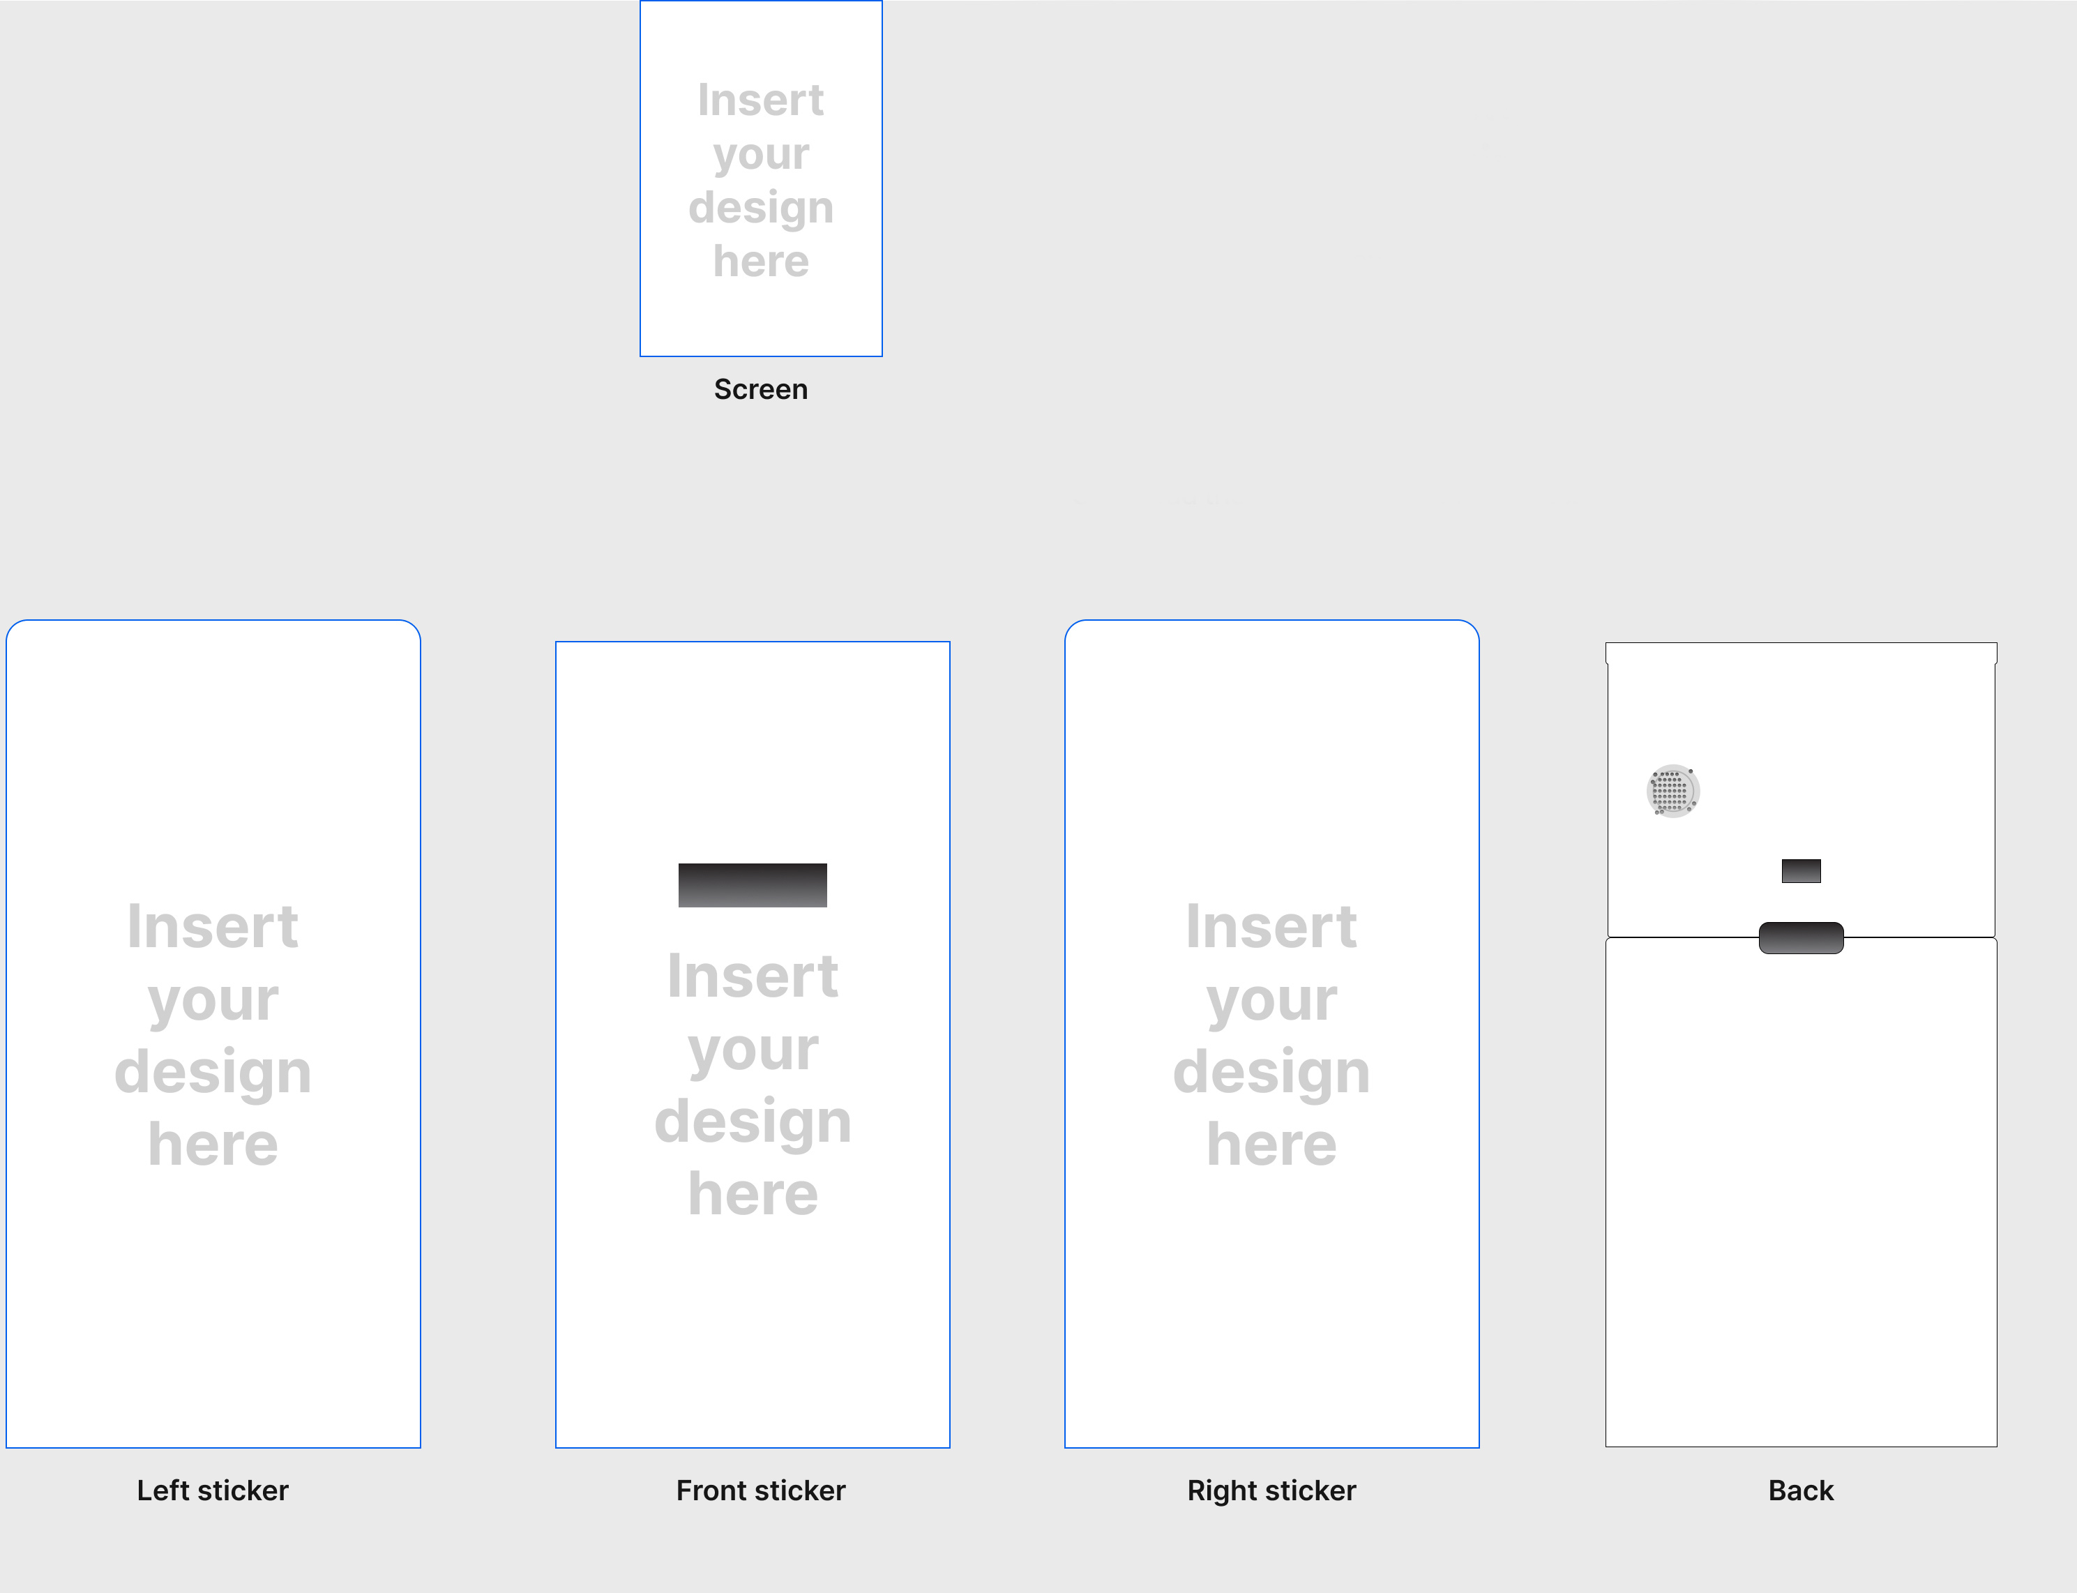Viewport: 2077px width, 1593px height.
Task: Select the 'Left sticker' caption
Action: [212, 1490]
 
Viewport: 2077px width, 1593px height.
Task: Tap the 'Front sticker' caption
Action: [760, 1490]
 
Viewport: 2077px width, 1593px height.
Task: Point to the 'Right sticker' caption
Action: [1271, 1490]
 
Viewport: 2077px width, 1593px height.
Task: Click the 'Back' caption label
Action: [1800, 1490]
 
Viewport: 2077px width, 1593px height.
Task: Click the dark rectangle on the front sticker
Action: [753, 884]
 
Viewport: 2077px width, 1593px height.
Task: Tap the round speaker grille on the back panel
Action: [1672, 791]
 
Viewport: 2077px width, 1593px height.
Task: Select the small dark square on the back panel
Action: [1801, 870]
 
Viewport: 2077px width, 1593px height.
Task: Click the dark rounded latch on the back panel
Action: [1801, 938]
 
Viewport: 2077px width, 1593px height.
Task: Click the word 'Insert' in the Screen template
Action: [760, 100]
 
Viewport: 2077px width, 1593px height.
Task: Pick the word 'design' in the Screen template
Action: [760, 209]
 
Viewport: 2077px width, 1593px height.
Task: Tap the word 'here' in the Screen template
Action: [760, 261]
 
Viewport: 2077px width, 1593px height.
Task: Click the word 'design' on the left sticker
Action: [212, 1074]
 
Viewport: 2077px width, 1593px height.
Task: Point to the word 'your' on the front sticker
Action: [753, 1052]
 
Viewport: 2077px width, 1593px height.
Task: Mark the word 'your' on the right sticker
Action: [1271, 1003]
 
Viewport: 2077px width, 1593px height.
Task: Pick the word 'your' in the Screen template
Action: [760, 156]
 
